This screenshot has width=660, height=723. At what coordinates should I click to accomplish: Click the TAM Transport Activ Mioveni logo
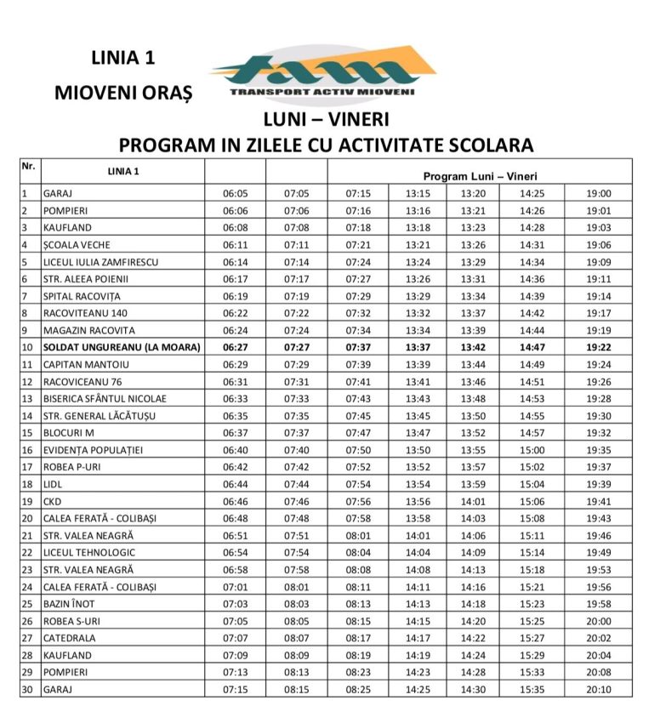323,74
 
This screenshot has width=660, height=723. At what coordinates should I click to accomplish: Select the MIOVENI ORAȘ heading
123,92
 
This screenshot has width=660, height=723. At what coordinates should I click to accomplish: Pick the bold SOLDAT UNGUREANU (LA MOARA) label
121,347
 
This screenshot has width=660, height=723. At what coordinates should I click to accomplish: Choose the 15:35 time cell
533,689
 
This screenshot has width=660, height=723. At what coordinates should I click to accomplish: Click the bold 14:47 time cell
533,347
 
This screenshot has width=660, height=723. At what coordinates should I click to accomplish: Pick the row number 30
26,689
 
